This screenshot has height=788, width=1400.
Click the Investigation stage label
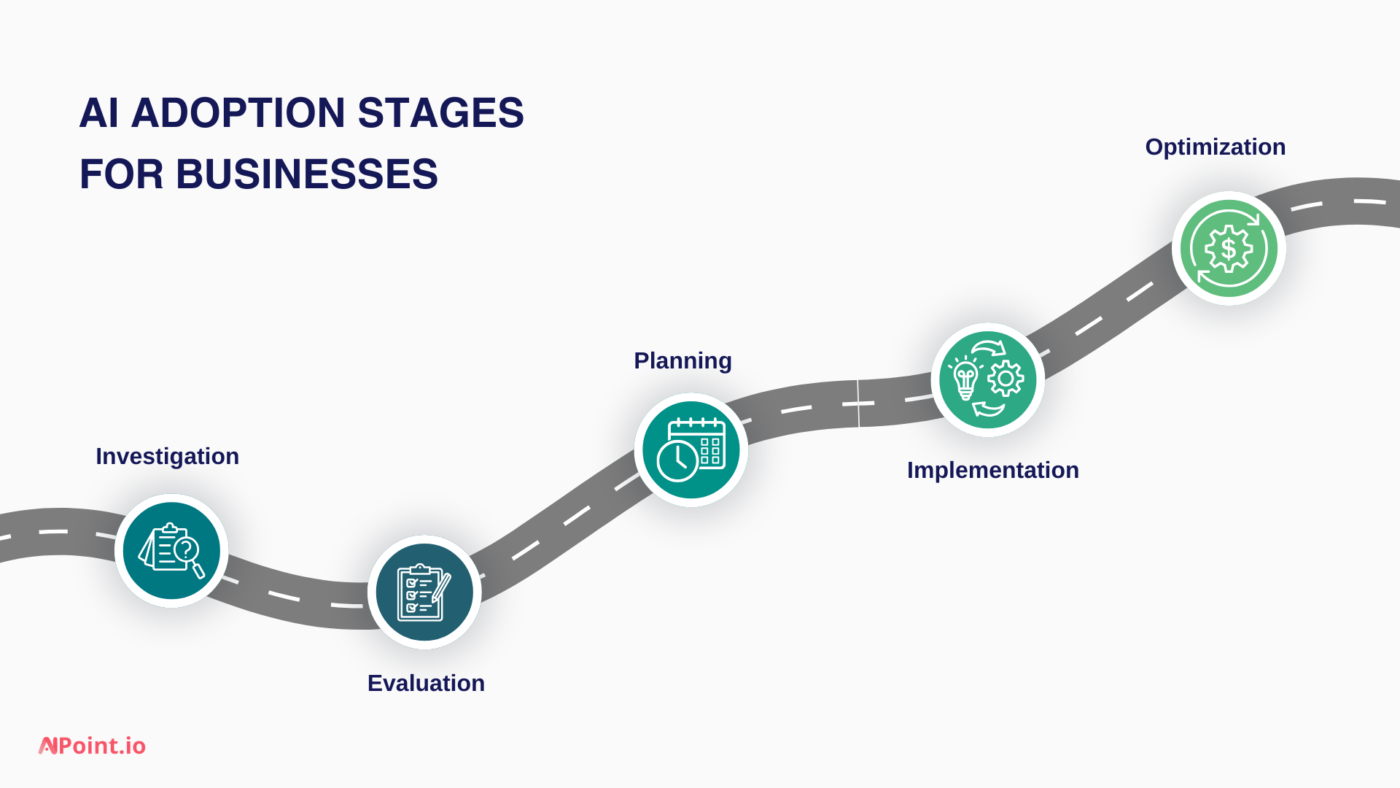point(167,456)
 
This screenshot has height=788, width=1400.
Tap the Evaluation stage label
point(426,683)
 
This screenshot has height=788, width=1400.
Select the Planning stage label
point(682,360)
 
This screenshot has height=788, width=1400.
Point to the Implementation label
point(992,470)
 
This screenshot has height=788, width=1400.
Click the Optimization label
point(1215,147)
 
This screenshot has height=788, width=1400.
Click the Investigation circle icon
point(171,551)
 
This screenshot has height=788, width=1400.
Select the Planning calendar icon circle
point(691,449)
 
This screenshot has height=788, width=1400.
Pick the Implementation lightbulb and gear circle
point(987,379)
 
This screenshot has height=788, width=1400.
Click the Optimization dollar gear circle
point(1229,248)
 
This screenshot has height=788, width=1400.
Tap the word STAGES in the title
point(440,113)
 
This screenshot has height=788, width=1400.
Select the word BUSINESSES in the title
point(306,174)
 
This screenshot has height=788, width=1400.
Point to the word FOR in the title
point(121,174)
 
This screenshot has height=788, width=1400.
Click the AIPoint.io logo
point(93,746)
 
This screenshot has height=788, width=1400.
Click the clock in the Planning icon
point(677,461)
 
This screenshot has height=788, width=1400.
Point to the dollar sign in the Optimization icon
point(1229,249)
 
